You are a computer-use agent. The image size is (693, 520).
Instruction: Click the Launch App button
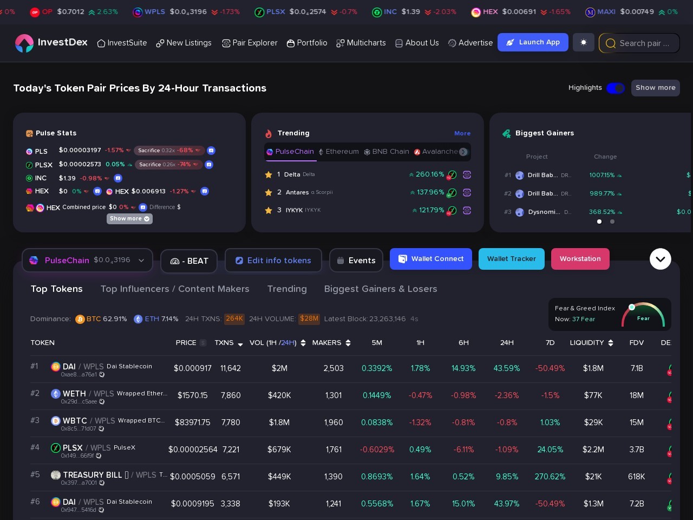(533, 42)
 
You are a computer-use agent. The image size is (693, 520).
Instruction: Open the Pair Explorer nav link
(250, 43)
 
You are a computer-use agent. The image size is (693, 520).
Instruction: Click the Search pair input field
(644, 43)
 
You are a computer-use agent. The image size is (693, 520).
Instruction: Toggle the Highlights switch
(616, 88)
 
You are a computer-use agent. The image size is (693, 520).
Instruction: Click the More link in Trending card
(462, 133)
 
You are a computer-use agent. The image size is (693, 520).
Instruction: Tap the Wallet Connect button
(431, 259)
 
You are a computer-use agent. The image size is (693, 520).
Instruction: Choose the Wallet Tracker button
(511, 259)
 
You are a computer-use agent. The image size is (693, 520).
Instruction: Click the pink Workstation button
(580, 259)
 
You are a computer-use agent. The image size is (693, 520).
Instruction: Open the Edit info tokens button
(273, 261)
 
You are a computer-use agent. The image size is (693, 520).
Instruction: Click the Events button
(356, 261)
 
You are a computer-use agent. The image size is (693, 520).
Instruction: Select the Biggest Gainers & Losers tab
(380, 289)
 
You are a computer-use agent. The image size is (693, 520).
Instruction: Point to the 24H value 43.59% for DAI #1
(506, 368)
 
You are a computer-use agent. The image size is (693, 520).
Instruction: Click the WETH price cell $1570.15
(192, 395)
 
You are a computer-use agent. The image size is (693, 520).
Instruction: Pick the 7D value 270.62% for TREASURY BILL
(550, 477)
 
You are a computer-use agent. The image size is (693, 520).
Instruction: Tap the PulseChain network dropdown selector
(87, 261)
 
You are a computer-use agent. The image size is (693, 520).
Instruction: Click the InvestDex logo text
(62, 42)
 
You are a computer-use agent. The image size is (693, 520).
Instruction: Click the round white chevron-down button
(660, 259)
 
